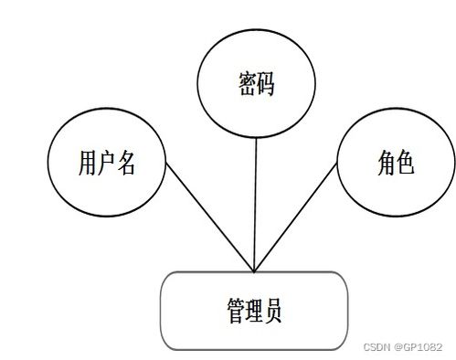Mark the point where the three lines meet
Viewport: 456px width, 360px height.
(253, 271)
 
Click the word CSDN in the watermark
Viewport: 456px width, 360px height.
(377, 348)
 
